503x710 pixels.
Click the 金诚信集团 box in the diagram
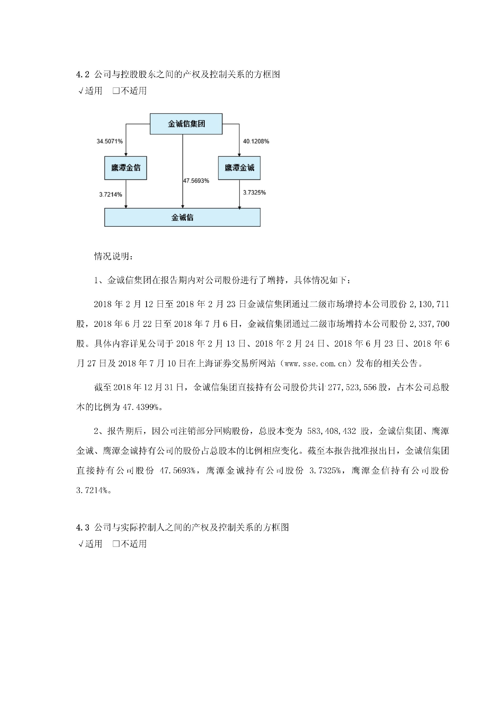pyautogui.click(x=186, y=124)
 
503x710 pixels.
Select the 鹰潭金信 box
pyautogui.click(x=125, y=168)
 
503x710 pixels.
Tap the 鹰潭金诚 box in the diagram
pyautogui.click(x=239, y=168)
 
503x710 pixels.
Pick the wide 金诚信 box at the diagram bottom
pyautogui.click(x=182, y=217)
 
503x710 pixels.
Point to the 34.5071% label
pyautogui.click(x=110, y=141)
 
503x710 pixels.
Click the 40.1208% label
pyautogui.click(x=256, y=141)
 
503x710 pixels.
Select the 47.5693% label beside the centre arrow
pyautogui.click(x=196, y=181)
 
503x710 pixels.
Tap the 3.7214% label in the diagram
pyautogui.click(x=111, y=195)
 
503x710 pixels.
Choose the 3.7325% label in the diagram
pyautogui.click(x=254, y=192)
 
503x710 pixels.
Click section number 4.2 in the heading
pyautogui.click(x=83, y=75)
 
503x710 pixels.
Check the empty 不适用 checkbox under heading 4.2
pyautogui.click(x=116, y=91)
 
